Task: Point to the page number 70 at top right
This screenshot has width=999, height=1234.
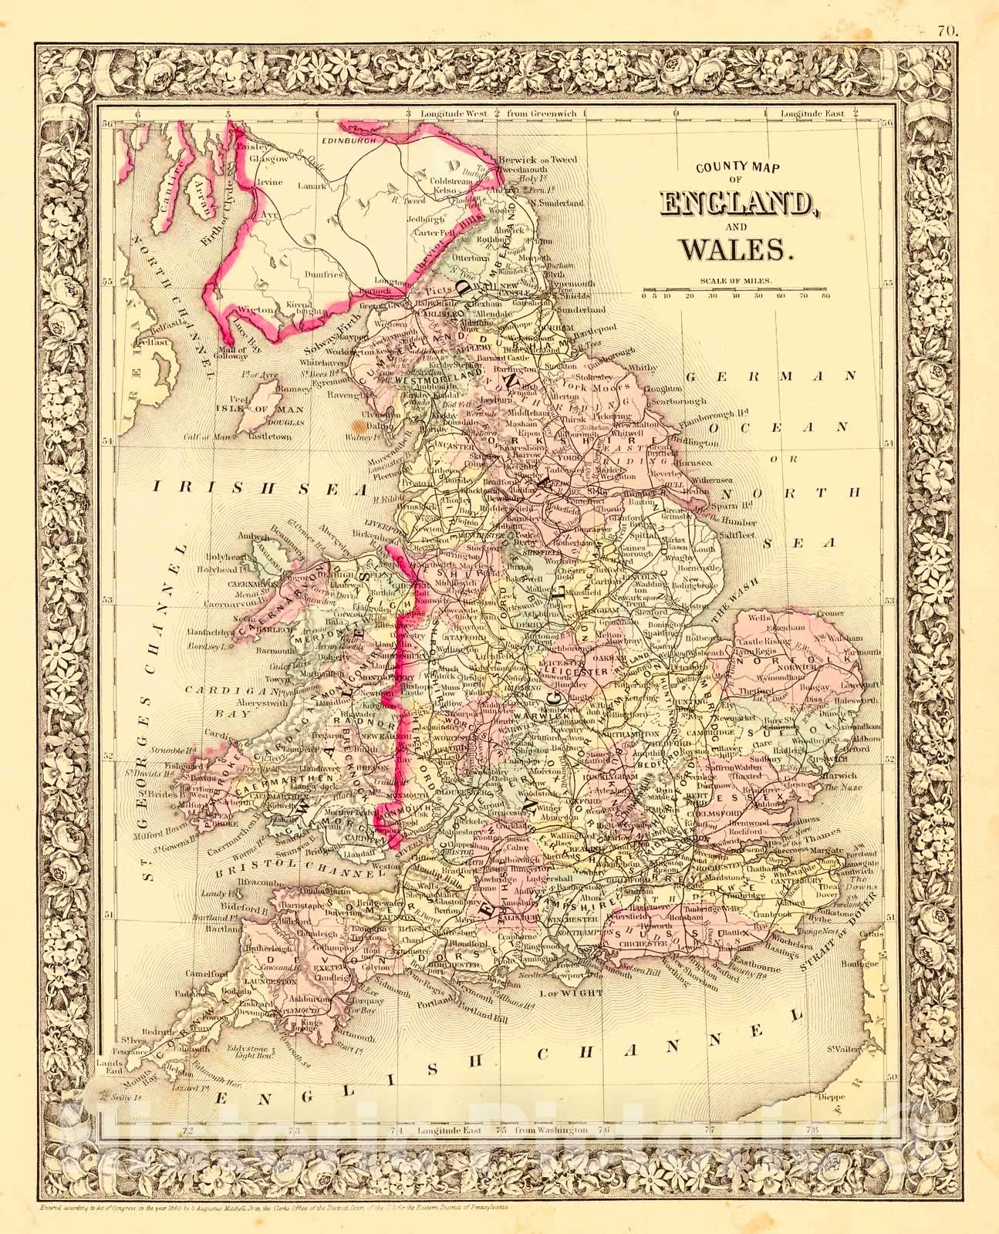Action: pyautogui.click(x=947, y=10)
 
